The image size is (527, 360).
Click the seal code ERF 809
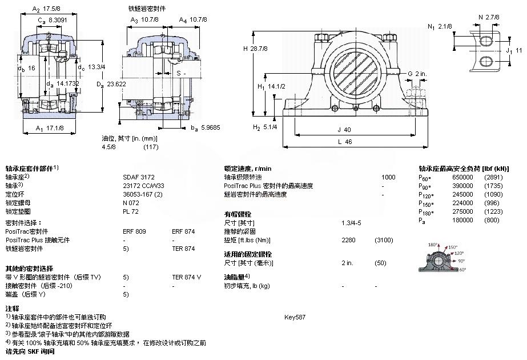tap(135, 232)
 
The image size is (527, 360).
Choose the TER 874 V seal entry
tap(186, 277)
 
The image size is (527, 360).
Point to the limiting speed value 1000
tap(388, 177)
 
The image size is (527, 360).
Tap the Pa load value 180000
tap(463, 219)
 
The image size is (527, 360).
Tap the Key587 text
tap(295, 316)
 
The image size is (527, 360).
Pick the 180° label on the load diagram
tap(432, 243)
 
